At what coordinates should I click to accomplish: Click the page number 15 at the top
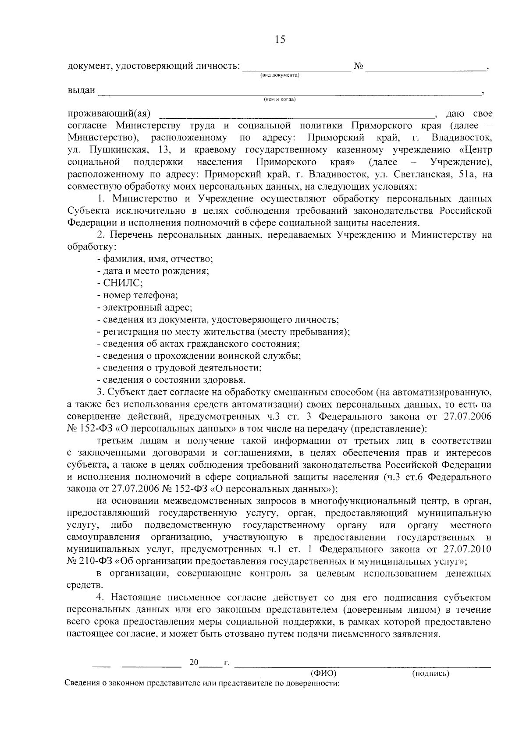pyautogui.click(x=280, y=40)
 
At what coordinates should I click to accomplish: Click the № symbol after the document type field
pyautogui.click(x=358, y=66)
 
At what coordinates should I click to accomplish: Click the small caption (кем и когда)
pyautogui.click(x=280, y=99)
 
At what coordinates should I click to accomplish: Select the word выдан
pyautogui.click(x=81, y=90)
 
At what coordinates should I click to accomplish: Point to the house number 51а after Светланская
pyautogui.click(x=467, y=175)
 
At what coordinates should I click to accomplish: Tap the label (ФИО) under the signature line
pyautogui.click(x=323, y=674)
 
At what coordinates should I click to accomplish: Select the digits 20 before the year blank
pyautogui.click(x=194, y=662)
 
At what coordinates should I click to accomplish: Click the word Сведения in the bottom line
pyautogui.click(x=82, y=683)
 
